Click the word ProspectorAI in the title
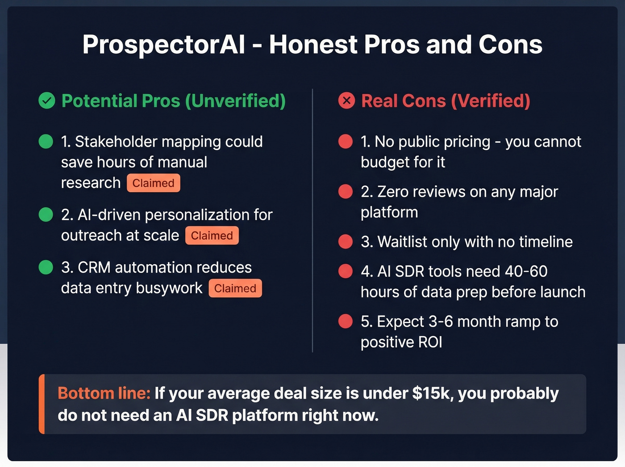(x=163, y=45)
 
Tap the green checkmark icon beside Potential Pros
(x=47, y=101)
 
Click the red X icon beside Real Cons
(x=346, y=101)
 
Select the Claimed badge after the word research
(x=153, y=183)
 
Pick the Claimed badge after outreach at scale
(x=212, y=236)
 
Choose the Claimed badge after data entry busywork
(x=235, y=288)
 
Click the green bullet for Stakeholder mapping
(x=46, y=142)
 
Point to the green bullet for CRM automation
(x=46, y=267)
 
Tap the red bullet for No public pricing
(x=346, y=142)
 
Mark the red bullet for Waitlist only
(x=346, y=242)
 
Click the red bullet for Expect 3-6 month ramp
(x=346, y=321)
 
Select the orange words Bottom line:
(x=104, y=393)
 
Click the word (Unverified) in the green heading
(x=235, y=101)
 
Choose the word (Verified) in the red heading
(x=491, y=101)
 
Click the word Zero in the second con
(x=393, y=192)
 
